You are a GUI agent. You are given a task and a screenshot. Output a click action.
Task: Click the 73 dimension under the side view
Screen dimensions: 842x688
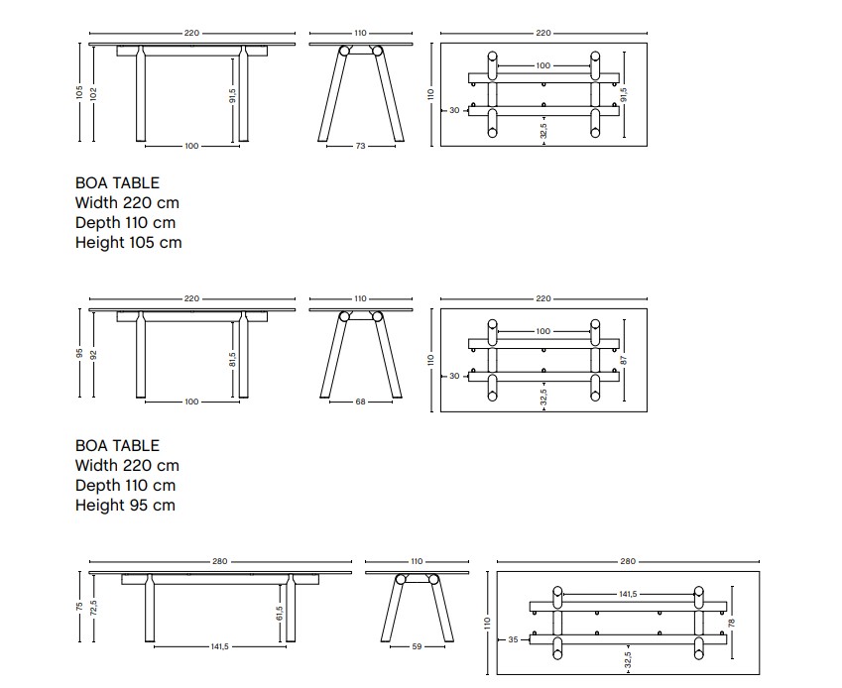[x=360, y=146]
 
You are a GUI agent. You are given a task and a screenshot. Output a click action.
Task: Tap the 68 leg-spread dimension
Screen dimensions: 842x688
[x=360, y=401]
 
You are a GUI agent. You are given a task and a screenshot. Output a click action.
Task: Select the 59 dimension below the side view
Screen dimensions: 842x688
[x=417, y=646]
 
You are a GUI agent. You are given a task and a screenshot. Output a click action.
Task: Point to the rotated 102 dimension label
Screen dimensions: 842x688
[x=93, y=94]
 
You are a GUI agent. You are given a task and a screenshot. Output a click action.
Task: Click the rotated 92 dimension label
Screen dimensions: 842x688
[x=93, y=355]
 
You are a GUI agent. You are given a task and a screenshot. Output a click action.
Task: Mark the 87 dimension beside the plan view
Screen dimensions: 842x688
[x=624, y=360]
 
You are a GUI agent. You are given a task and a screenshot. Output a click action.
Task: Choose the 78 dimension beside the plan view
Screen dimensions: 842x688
[x=731, y=623]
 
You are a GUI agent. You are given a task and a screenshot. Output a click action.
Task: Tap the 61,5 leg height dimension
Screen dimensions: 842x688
[x=280, y=613]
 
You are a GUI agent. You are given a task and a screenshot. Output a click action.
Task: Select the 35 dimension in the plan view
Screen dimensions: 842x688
[x=513, y=639]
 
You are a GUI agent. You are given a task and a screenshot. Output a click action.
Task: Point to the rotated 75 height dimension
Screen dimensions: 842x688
[x=79, y=607]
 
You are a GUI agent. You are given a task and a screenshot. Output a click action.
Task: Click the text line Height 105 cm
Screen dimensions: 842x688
[x=128, y=242]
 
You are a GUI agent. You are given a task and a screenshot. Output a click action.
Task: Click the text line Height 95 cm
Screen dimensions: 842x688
[x=125, y=505]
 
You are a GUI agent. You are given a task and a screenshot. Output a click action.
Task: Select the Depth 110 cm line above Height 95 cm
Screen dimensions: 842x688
[x=125, y=485]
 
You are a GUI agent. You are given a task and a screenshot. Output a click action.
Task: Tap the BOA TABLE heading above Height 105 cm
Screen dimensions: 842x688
[x=117, y=183]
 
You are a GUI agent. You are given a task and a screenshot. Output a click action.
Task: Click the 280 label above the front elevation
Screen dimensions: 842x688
[x=219, y=561]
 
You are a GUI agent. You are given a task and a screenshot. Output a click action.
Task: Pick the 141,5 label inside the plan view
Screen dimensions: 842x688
[x=628, y=594]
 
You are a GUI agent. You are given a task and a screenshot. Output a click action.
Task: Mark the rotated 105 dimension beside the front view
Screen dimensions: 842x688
[x=79, y=92]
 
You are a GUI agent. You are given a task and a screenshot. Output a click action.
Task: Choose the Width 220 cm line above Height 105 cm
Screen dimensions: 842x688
[x=127, y=203]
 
